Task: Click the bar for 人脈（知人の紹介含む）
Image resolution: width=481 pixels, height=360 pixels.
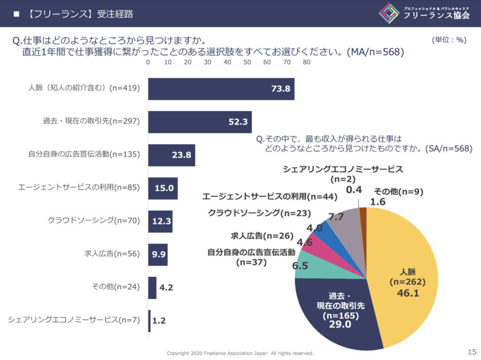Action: (x=221, y=89)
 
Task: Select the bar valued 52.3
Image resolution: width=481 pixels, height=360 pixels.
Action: (x=200, y=122)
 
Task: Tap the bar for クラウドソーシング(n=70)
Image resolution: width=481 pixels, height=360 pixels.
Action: (x=160, y=221)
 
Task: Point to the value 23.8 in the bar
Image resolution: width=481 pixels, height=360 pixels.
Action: (x=181, y=156)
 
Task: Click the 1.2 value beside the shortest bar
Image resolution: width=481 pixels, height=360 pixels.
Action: (x=159, y=321)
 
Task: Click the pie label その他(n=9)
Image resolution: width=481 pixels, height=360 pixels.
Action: (x=392, y=191)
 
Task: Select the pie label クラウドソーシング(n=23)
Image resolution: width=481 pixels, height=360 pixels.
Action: (x=259, y=213)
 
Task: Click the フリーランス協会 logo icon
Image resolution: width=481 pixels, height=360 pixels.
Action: (x=388, y=14)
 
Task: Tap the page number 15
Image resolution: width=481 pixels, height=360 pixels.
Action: (x=472, y=351)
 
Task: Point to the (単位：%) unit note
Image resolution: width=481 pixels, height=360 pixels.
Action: (x=449, y=40)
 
